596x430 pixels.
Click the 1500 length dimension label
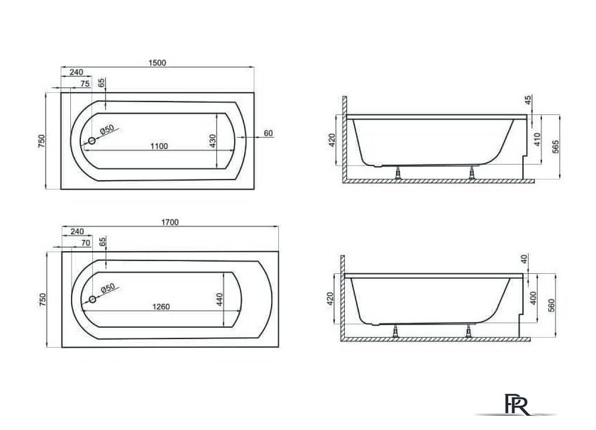(157, 62)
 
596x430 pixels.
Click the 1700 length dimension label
(170, 222)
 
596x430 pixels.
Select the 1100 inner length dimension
(159, 146)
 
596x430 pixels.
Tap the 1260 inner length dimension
(161, 307)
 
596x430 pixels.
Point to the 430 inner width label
(212, 140)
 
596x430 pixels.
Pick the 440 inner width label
(219, 299)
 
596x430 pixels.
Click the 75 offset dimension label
(85, 84)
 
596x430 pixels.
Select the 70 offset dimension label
(86, 243)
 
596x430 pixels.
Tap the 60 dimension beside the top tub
(268, 133)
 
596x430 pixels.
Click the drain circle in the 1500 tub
(92, 141)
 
